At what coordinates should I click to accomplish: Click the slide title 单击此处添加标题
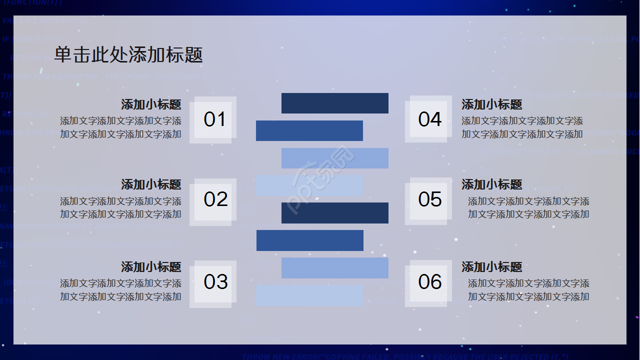tap(128, 54)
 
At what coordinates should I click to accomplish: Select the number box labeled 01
tap(213, 119)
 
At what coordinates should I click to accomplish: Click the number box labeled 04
tap(429, 119)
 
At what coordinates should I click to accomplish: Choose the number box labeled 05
tap(429, 199)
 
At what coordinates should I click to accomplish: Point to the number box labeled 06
tap(429, 282)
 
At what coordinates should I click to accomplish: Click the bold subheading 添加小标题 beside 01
tap(151, 104)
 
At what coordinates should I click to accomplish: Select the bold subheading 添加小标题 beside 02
tap(151, 184)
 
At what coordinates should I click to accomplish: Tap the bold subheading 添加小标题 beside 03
tap(151, 266)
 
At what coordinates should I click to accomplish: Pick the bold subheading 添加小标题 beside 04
tap(491, 104)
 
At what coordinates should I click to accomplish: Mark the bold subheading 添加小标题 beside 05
tap(491, 184)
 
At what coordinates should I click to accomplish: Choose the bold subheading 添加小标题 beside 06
tap(491, 266)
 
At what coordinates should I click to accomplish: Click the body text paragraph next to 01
tap(120, 127)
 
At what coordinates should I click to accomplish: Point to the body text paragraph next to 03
tap(120, 290)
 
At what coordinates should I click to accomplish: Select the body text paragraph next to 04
tap(522, 127)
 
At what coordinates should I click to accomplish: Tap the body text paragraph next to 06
tap(528, 290)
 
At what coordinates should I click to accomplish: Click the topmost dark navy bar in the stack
tap(334, 103)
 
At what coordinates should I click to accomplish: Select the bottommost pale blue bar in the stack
tap(309, 295)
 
